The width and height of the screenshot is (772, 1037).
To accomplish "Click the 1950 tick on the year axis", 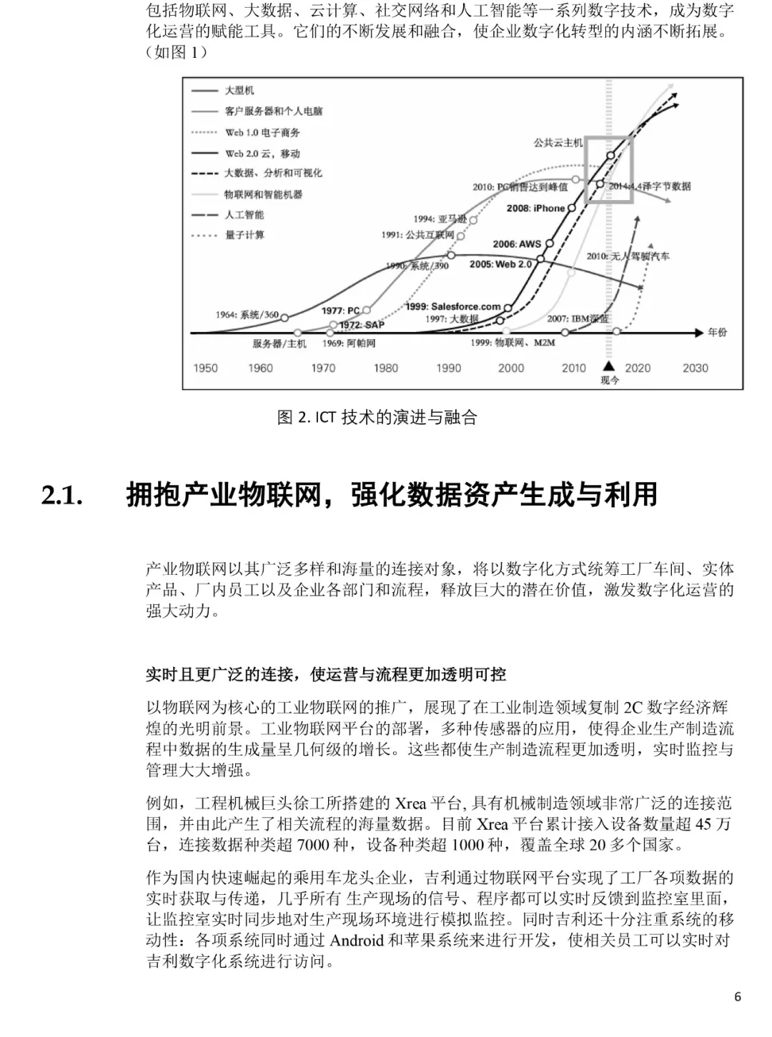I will pyautogui.click(x=206, y=368).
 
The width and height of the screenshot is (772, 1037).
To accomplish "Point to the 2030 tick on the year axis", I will pyautogui.click(x=695, y=368).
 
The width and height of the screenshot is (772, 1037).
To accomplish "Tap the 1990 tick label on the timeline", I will pyautogui.click(x=448, y=368).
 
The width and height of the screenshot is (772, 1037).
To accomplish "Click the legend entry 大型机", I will pyautogui.click(x=239, y=91).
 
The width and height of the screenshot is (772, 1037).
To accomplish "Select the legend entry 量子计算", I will pyautogui.click(x=244, y=235).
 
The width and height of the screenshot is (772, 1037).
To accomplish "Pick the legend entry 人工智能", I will pyautogui.click(x=244, y=214).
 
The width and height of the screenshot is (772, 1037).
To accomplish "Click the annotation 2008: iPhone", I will pyautogui.click(x=535, y=209).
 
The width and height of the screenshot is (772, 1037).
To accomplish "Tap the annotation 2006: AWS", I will pyautogui.click(x=517, y=244).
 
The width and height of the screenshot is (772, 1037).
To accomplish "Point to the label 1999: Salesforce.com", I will pyautogui.click(x=452, y=306).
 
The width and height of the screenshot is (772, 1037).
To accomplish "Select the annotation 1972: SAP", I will pyautogui.click(x=362, y=325).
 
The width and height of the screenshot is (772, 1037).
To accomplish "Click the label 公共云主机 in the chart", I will pyautogui.click(x=558, y=143).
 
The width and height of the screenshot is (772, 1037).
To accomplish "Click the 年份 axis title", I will pyautogui.click(x=717, y=332).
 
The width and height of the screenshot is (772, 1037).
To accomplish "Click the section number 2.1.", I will pyautogui.click(x=62, y=495).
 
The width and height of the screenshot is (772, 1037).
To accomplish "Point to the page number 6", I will pyautogui.click(x=738, y=997).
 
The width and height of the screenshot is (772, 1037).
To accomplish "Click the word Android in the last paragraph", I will pyautogui.click(x=357, y=940).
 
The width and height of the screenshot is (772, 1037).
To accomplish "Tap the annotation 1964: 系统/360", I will pyautogui.click(x=247, y=315).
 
